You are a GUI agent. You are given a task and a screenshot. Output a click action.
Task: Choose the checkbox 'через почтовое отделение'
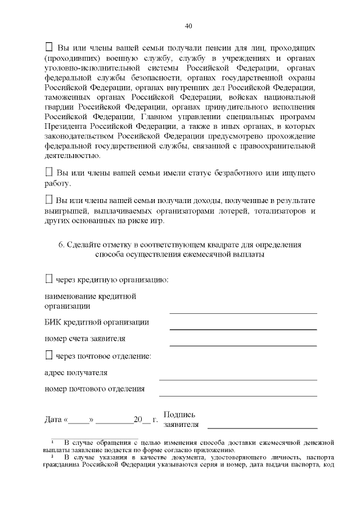tap(48, 355)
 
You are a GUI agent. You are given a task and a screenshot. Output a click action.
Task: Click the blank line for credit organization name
tap(243, 312)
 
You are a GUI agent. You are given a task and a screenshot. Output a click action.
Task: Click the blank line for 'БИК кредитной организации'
tap(243, 328)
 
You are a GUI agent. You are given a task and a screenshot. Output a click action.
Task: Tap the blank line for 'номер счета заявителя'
tap(243, 345)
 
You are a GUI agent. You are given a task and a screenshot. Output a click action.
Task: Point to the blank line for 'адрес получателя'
tap(237, 380)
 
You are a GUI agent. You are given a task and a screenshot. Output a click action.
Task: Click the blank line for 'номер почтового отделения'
tap(237, 395)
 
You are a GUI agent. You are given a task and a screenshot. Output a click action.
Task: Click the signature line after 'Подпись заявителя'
tap(262, 427)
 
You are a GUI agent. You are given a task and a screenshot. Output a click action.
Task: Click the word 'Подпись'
tap(179, 415)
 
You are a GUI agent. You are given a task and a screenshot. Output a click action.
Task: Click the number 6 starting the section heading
tap(61, 245)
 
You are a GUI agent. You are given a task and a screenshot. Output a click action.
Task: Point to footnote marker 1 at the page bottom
tap(52, 442)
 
